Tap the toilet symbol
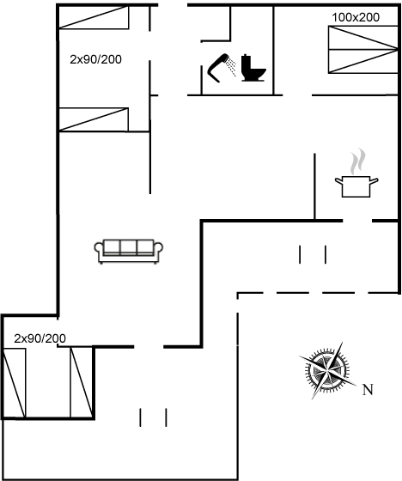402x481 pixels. tap(253, 68)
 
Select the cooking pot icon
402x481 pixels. tap(356, 186)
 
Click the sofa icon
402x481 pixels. tap(129, 251)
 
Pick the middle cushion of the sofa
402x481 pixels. tap(128, 247)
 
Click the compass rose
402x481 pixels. tap(328, 370)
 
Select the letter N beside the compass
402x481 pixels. tap(368, 390)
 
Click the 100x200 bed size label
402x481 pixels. tap(356, 17)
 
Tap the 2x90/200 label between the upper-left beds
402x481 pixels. tap(95, 59)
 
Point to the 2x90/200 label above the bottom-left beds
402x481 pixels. tap(40, 338)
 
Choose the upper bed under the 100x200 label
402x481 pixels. tap(363, 38)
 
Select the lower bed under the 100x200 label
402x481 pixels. tap(363, 61)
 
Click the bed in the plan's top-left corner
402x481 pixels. tap(94, 17)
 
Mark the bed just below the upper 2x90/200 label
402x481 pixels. tap(94, 119)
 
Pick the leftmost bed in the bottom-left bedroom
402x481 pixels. tap(14, 383)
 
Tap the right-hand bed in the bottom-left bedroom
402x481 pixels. tap(82, 382)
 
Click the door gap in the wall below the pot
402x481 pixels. tap(357, 221)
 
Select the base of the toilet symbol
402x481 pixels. tap(253, 80)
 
